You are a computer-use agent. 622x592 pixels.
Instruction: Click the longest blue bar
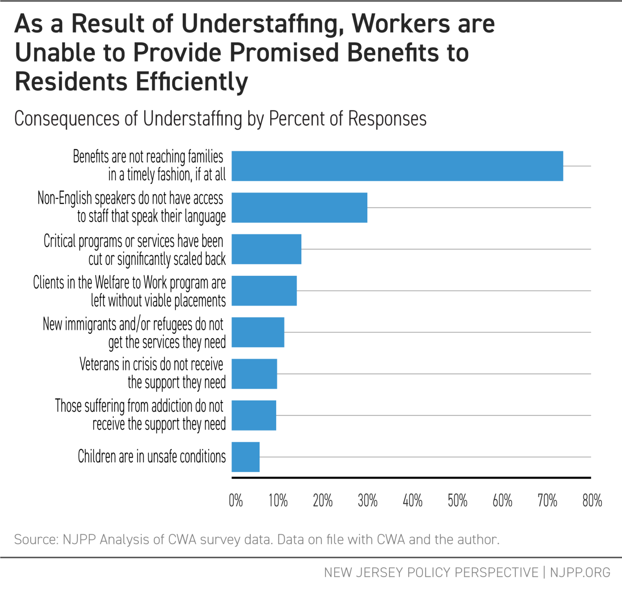point(397,166)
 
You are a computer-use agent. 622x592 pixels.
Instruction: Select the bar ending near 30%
point(299,208)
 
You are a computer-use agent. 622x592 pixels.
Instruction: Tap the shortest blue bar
point(245,457)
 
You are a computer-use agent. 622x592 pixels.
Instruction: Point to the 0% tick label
point(236,501)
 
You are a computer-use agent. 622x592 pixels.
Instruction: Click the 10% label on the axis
point(278,501)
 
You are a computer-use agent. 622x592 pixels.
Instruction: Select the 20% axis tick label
point(323,501)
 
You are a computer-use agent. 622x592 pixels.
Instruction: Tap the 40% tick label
point(413,501)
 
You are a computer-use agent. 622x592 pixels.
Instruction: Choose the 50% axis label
point(458,501)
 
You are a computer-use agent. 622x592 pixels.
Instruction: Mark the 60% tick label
point(503,501)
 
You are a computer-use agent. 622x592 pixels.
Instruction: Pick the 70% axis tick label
point(547,501)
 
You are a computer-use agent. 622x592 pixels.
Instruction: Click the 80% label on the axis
point(592,501)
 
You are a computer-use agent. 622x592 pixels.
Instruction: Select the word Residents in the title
point(71,82)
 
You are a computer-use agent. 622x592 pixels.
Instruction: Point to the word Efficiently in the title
point(192,83)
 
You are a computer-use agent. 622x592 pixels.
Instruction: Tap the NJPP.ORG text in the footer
point(580,573)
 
